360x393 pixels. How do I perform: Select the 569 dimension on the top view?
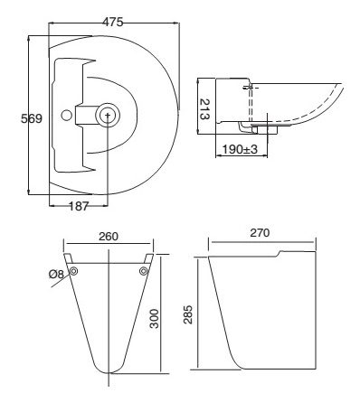[x=12, y=118]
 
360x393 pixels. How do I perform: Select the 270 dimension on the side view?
[x=261, y=231]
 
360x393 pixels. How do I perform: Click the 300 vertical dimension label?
[x=155, y=317]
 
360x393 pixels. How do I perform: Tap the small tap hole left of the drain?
[x=65, y=115]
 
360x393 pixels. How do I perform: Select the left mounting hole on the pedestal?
[x=73, y=271]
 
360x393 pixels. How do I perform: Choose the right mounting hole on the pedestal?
[x=143, y=271]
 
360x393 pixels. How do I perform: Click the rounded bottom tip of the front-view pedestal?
[x=108, y=371]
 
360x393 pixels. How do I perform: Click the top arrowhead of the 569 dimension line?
[x=29, y=36]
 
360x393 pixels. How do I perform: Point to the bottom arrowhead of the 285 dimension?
[x=197, y=368]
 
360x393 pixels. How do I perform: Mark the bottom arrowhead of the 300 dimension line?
[x=162, y=371]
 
